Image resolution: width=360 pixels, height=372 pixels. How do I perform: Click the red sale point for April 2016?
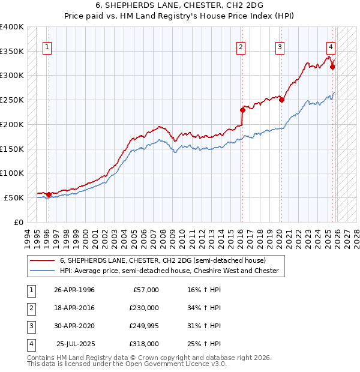pyautogui.click(x=243, y=110)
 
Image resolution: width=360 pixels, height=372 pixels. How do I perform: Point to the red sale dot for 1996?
pyautogui.click(x=49, y=194)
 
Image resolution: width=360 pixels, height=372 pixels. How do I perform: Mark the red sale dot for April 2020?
pyautogui.click(x=281, y=100)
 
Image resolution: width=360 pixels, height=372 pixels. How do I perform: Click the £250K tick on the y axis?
pyautogui.click(x=12, y=100)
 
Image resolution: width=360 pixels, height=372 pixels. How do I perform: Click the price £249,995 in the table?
pyautogui.click(x=144, y=326)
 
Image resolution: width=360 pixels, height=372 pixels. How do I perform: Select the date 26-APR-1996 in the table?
pyautogui.click(x=74, y=290)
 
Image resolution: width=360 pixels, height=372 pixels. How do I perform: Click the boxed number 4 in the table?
pyautogui.click(x=31, y=344)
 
